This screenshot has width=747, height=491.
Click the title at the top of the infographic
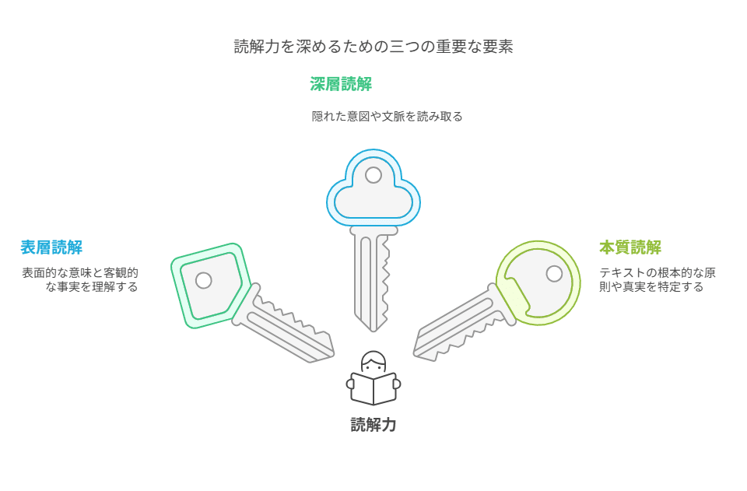pos(373,47)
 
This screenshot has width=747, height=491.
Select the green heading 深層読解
pos(341,84)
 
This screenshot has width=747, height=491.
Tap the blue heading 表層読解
pos(51,247)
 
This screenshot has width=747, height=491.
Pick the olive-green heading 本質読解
pos(630,247)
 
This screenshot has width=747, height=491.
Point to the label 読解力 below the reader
pos(373,425)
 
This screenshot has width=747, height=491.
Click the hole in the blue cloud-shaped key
pos(373,175)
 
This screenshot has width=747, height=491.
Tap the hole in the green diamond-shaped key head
pos(203,280)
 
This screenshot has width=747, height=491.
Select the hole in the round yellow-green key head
pos(554,274)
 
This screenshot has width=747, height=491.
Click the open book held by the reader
pos(373,388)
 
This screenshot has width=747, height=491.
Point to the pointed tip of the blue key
pos(373,329)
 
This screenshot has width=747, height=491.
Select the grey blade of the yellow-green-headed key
pos(459,327)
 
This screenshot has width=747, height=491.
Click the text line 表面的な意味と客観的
pos(80,272)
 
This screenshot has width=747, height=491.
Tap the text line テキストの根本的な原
pos(658,272)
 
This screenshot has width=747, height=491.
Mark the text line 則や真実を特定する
pos(651,287)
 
